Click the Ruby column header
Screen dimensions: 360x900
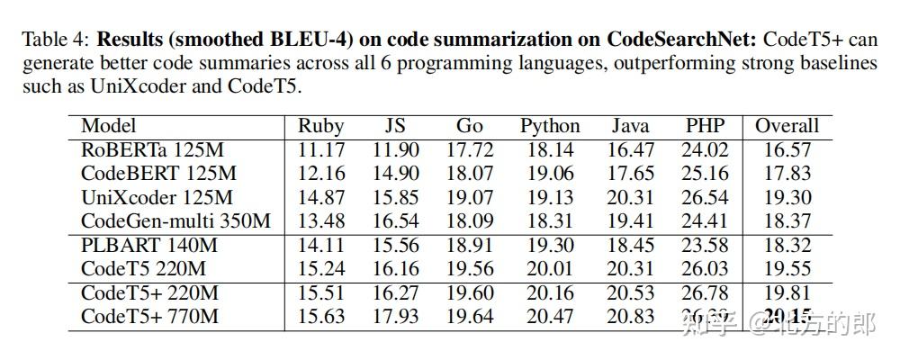321,126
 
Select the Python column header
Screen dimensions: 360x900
550,126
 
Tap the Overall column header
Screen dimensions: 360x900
787,126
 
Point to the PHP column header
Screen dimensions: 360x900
705,126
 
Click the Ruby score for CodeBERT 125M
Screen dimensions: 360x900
321,174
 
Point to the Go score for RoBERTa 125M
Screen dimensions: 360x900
470,150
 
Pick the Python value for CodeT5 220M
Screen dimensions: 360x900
550,268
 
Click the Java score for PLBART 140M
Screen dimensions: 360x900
631,245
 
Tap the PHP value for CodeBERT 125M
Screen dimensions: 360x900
705,174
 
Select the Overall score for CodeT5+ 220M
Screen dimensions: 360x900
787,292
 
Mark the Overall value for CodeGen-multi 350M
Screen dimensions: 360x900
787,220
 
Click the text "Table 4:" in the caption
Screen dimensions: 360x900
56,40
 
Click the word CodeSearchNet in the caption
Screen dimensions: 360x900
683,40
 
